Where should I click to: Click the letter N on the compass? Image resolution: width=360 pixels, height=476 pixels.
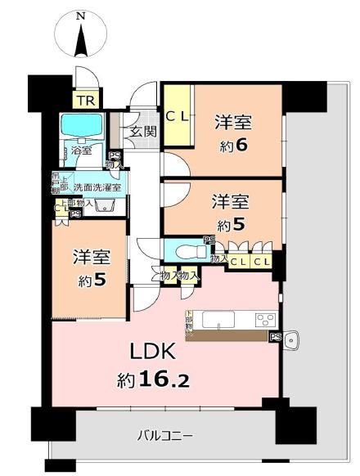click(79, 15)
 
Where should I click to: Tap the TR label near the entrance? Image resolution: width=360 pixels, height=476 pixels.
click(84, 101)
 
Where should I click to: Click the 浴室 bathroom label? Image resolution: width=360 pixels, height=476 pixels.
click(81, 150)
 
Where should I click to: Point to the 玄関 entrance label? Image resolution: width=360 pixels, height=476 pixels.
click(143, 132)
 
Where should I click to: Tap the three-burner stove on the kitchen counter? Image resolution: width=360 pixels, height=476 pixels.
click(266, 319)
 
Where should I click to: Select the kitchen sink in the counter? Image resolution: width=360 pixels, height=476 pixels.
click(217, 318)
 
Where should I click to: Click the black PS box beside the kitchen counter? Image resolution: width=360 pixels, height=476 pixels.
click(275, 336)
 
